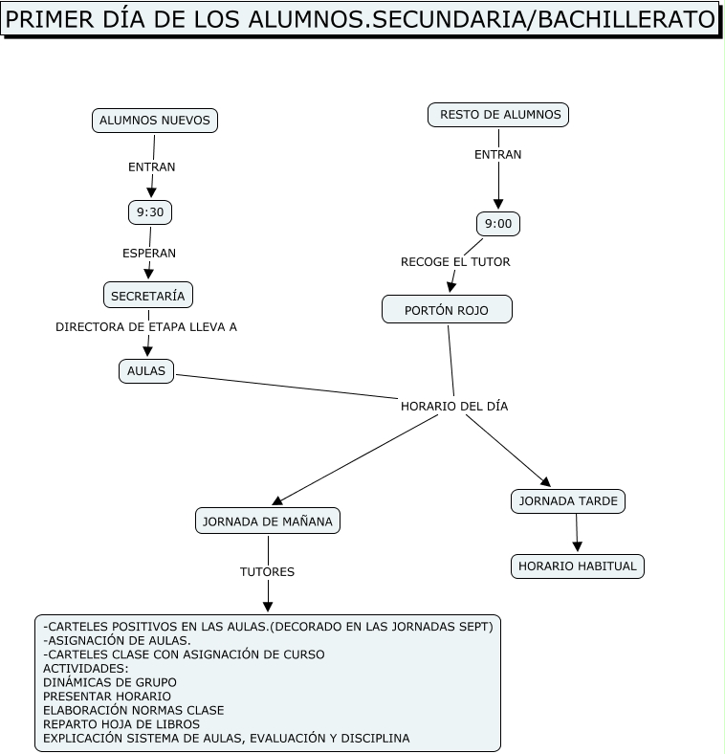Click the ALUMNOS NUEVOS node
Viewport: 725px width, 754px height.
pos(154,121)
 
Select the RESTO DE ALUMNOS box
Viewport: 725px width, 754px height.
pos(498,115)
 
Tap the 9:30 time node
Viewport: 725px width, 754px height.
pos(150,212)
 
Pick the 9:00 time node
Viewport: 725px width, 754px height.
pos(498,224)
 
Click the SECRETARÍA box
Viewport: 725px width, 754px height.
pos(148,296)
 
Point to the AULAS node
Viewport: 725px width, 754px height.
pos(146,371)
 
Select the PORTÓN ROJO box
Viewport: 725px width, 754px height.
pos(447,310)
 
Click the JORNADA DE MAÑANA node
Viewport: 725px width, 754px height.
pos(268,521)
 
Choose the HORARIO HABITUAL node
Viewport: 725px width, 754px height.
pos(578,566)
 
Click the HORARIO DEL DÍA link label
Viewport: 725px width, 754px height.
pos(453,406)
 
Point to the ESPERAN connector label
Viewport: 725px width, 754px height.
pos(149,254)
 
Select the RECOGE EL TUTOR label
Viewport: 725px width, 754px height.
pos(455,261)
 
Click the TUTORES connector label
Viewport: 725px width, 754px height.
pos(267,572)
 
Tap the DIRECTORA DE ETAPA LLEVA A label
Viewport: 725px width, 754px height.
pos(146,326)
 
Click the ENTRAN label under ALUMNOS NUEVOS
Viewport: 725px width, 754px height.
pos(152,166)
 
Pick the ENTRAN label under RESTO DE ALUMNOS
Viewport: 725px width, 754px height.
pos(498,154)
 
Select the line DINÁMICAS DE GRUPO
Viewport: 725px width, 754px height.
pos(110,682)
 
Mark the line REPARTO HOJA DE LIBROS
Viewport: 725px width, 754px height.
pos(121,724)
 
